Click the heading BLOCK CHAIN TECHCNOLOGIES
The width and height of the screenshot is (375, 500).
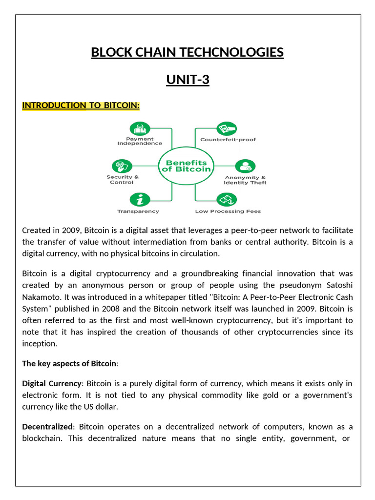click(x=187, y=52)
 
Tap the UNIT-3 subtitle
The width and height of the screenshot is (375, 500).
click(x=187, y=79)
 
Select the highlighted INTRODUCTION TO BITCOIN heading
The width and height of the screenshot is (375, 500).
click(x=81, y=106)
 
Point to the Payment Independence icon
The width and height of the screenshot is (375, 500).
click(x=139, y=128)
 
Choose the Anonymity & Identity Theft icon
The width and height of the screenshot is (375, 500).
click(x=245, y=166)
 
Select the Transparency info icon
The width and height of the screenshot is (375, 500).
click(x=139, y=200)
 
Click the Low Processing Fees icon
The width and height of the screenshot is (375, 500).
click(x=227, y=200)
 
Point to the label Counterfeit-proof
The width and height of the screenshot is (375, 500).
click(x=228, y=140)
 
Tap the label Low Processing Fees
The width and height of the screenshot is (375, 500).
click(x=228, y=211)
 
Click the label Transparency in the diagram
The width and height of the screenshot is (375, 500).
click(x=138, y=211)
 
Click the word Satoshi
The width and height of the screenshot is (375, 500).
click(x=339, y=285)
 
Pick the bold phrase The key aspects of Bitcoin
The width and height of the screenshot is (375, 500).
click(x=69, y=363)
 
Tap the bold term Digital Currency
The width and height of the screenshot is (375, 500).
click(x=51, y=384)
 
